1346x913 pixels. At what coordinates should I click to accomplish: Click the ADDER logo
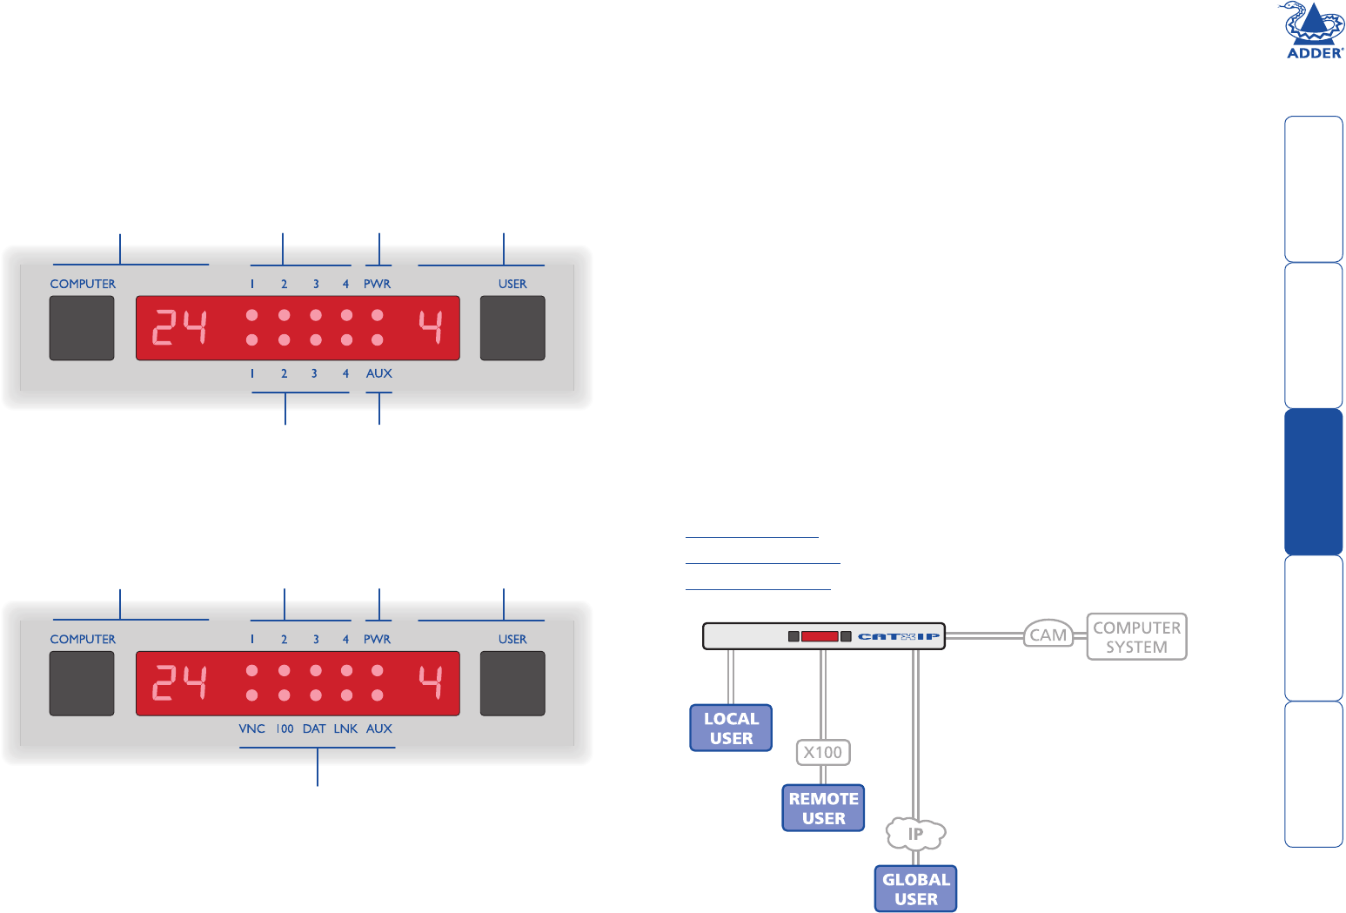point(1310,31)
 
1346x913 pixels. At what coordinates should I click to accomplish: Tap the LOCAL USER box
point(731,728)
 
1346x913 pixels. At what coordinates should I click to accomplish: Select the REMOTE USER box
point(823,809)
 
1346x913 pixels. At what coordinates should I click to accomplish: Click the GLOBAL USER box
point(915,889)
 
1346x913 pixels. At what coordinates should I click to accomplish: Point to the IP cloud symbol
point(915,834)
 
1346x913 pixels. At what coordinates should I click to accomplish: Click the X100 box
point(823,752)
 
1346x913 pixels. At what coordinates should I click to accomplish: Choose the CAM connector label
point(1048,635)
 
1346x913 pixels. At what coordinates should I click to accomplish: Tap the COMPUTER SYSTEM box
point(1136,637)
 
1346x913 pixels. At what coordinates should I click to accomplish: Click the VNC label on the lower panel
point(251,728)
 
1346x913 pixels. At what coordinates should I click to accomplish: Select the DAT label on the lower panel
point(314,728)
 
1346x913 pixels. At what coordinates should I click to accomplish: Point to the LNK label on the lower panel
point(345,728)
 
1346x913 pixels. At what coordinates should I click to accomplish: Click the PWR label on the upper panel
point(377,284)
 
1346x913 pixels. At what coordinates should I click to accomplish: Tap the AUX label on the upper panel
point(378,373)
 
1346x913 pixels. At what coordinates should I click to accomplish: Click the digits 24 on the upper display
point(180,328)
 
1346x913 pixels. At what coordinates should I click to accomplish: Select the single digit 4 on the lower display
point(431,683)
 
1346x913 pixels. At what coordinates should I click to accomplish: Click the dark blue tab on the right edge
point(1313,481)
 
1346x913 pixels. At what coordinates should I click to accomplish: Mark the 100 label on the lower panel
point(285,728)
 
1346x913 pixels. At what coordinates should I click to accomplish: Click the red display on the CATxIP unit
point(819,636)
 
